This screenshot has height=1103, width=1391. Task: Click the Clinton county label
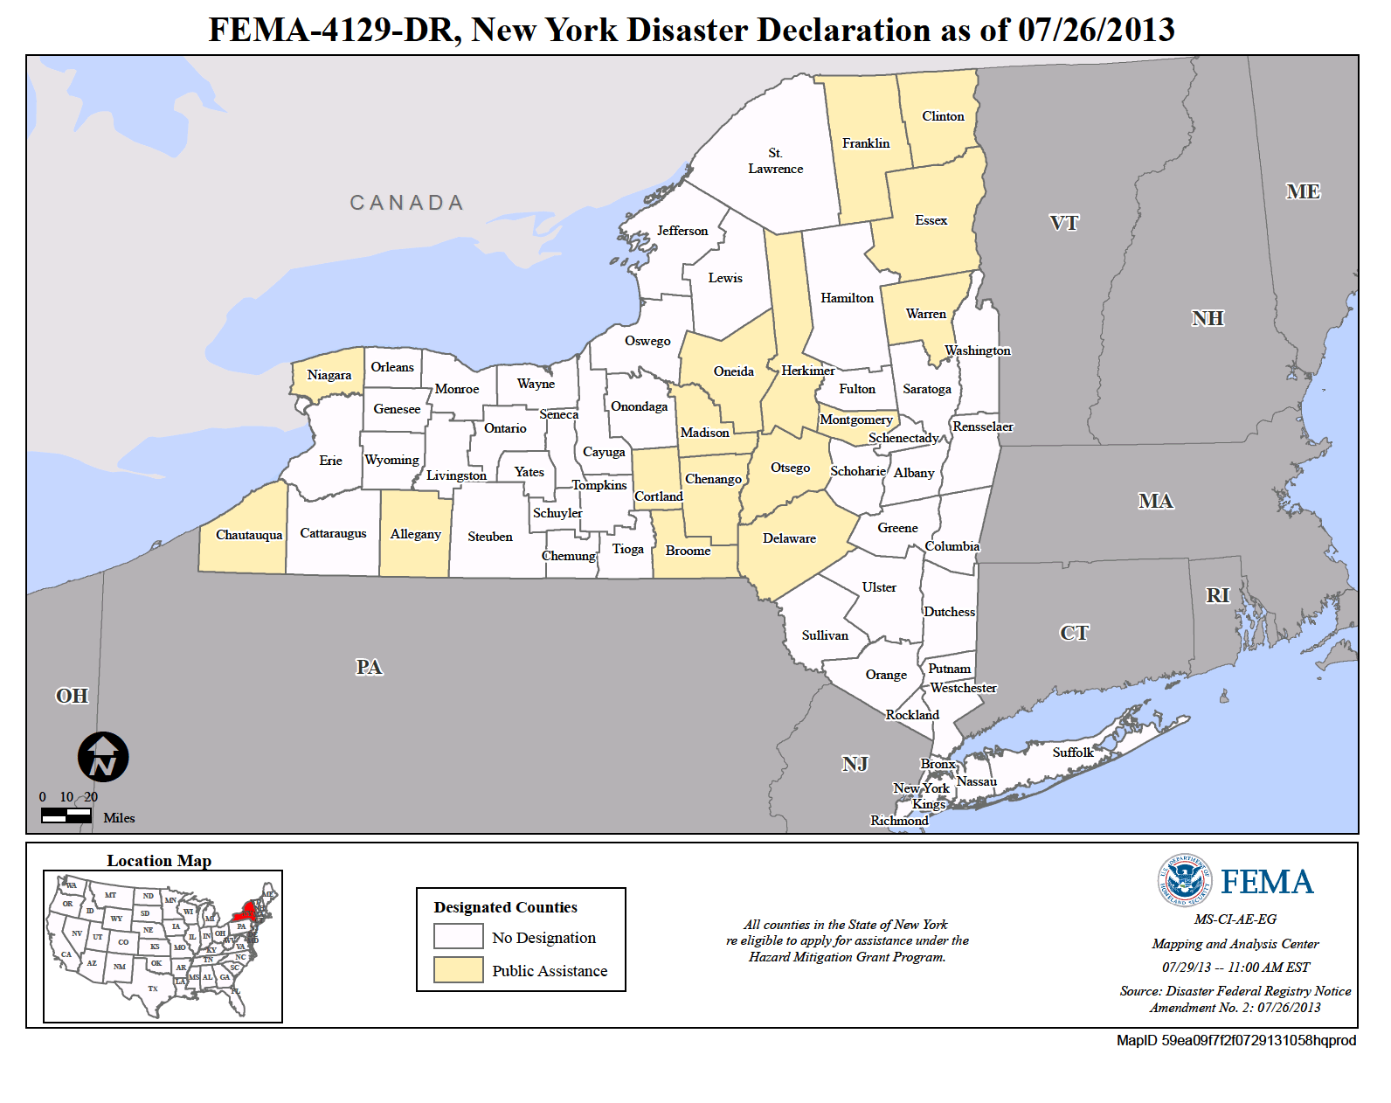[x=943, y=116]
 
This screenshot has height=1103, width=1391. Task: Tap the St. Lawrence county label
[x=775, y=161]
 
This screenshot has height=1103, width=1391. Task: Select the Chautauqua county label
[x=249, y=535]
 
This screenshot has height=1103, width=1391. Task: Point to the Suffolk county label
[x=1072, y=753]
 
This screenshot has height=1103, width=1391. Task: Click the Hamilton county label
[x=847, y=298]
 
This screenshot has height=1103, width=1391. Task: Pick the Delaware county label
[x=789, y=538]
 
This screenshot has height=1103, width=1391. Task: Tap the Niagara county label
[x=329, y=375]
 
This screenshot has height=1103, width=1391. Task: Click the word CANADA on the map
[x=406, y=203]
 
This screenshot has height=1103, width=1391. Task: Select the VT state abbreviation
[x=1063, y=223]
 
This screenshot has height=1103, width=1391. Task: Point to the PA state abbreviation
[x=369, y=668]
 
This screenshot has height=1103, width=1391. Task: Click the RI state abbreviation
[x=1217, y=595]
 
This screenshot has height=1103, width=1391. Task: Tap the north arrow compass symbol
[x=103, y=757]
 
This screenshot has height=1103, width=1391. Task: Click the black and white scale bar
[x=66, y=815]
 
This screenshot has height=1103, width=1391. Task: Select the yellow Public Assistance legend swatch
[x=459, y=970]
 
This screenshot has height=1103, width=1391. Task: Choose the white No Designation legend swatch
[x=459, y=937]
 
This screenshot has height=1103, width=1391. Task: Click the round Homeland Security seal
[x=1185, y=880]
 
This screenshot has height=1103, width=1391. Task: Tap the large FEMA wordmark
[x=1266, y=883]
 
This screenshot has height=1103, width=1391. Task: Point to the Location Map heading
[x=159, y=861]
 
